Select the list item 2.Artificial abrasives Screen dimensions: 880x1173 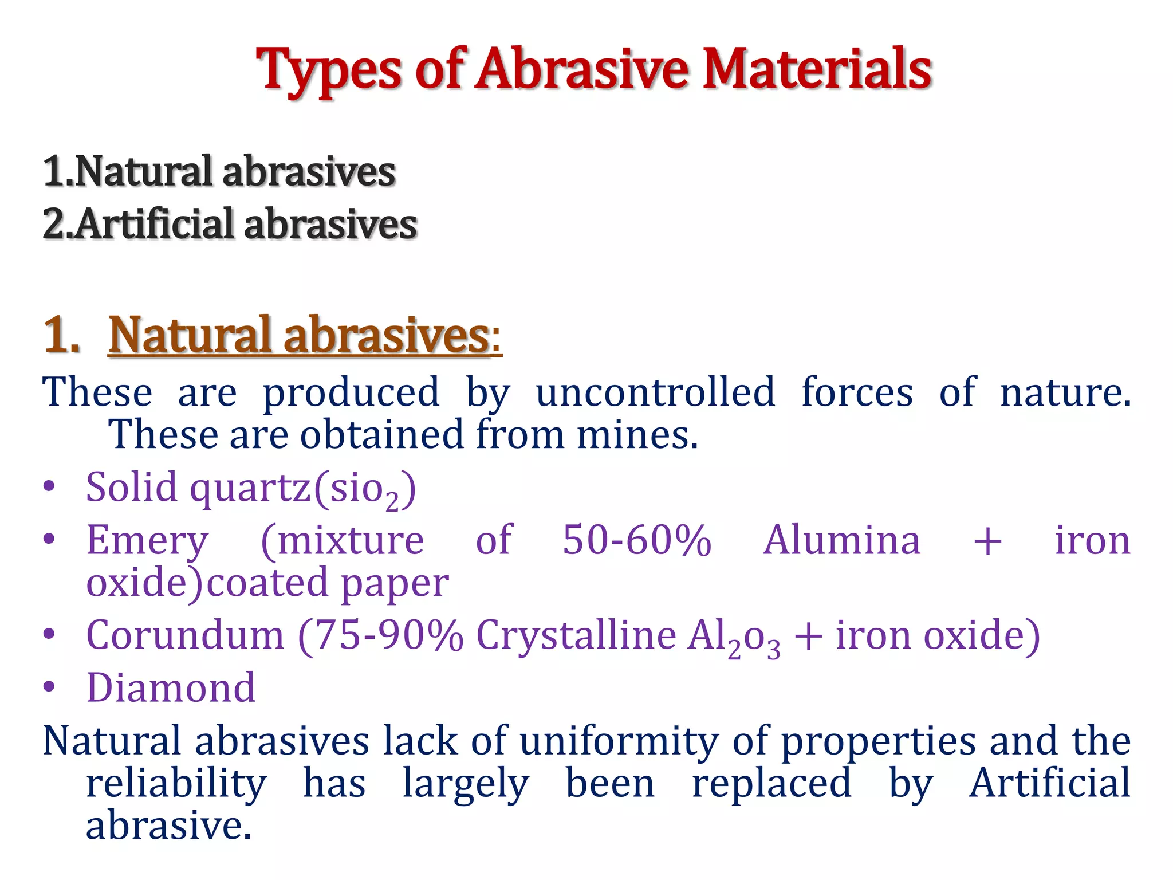coord(230,224)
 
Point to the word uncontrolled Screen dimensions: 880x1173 coord(655,393)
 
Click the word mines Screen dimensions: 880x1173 coord(637,435)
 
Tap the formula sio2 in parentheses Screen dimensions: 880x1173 coord(364,490)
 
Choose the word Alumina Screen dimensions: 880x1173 coord(841,540)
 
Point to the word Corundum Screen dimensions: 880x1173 coord(185,635)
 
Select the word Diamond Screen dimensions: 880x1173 coord(171,688)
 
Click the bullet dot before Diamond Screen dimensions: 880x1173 coord(49,687)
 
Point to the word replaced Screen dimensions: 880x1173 coord(771,784)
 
